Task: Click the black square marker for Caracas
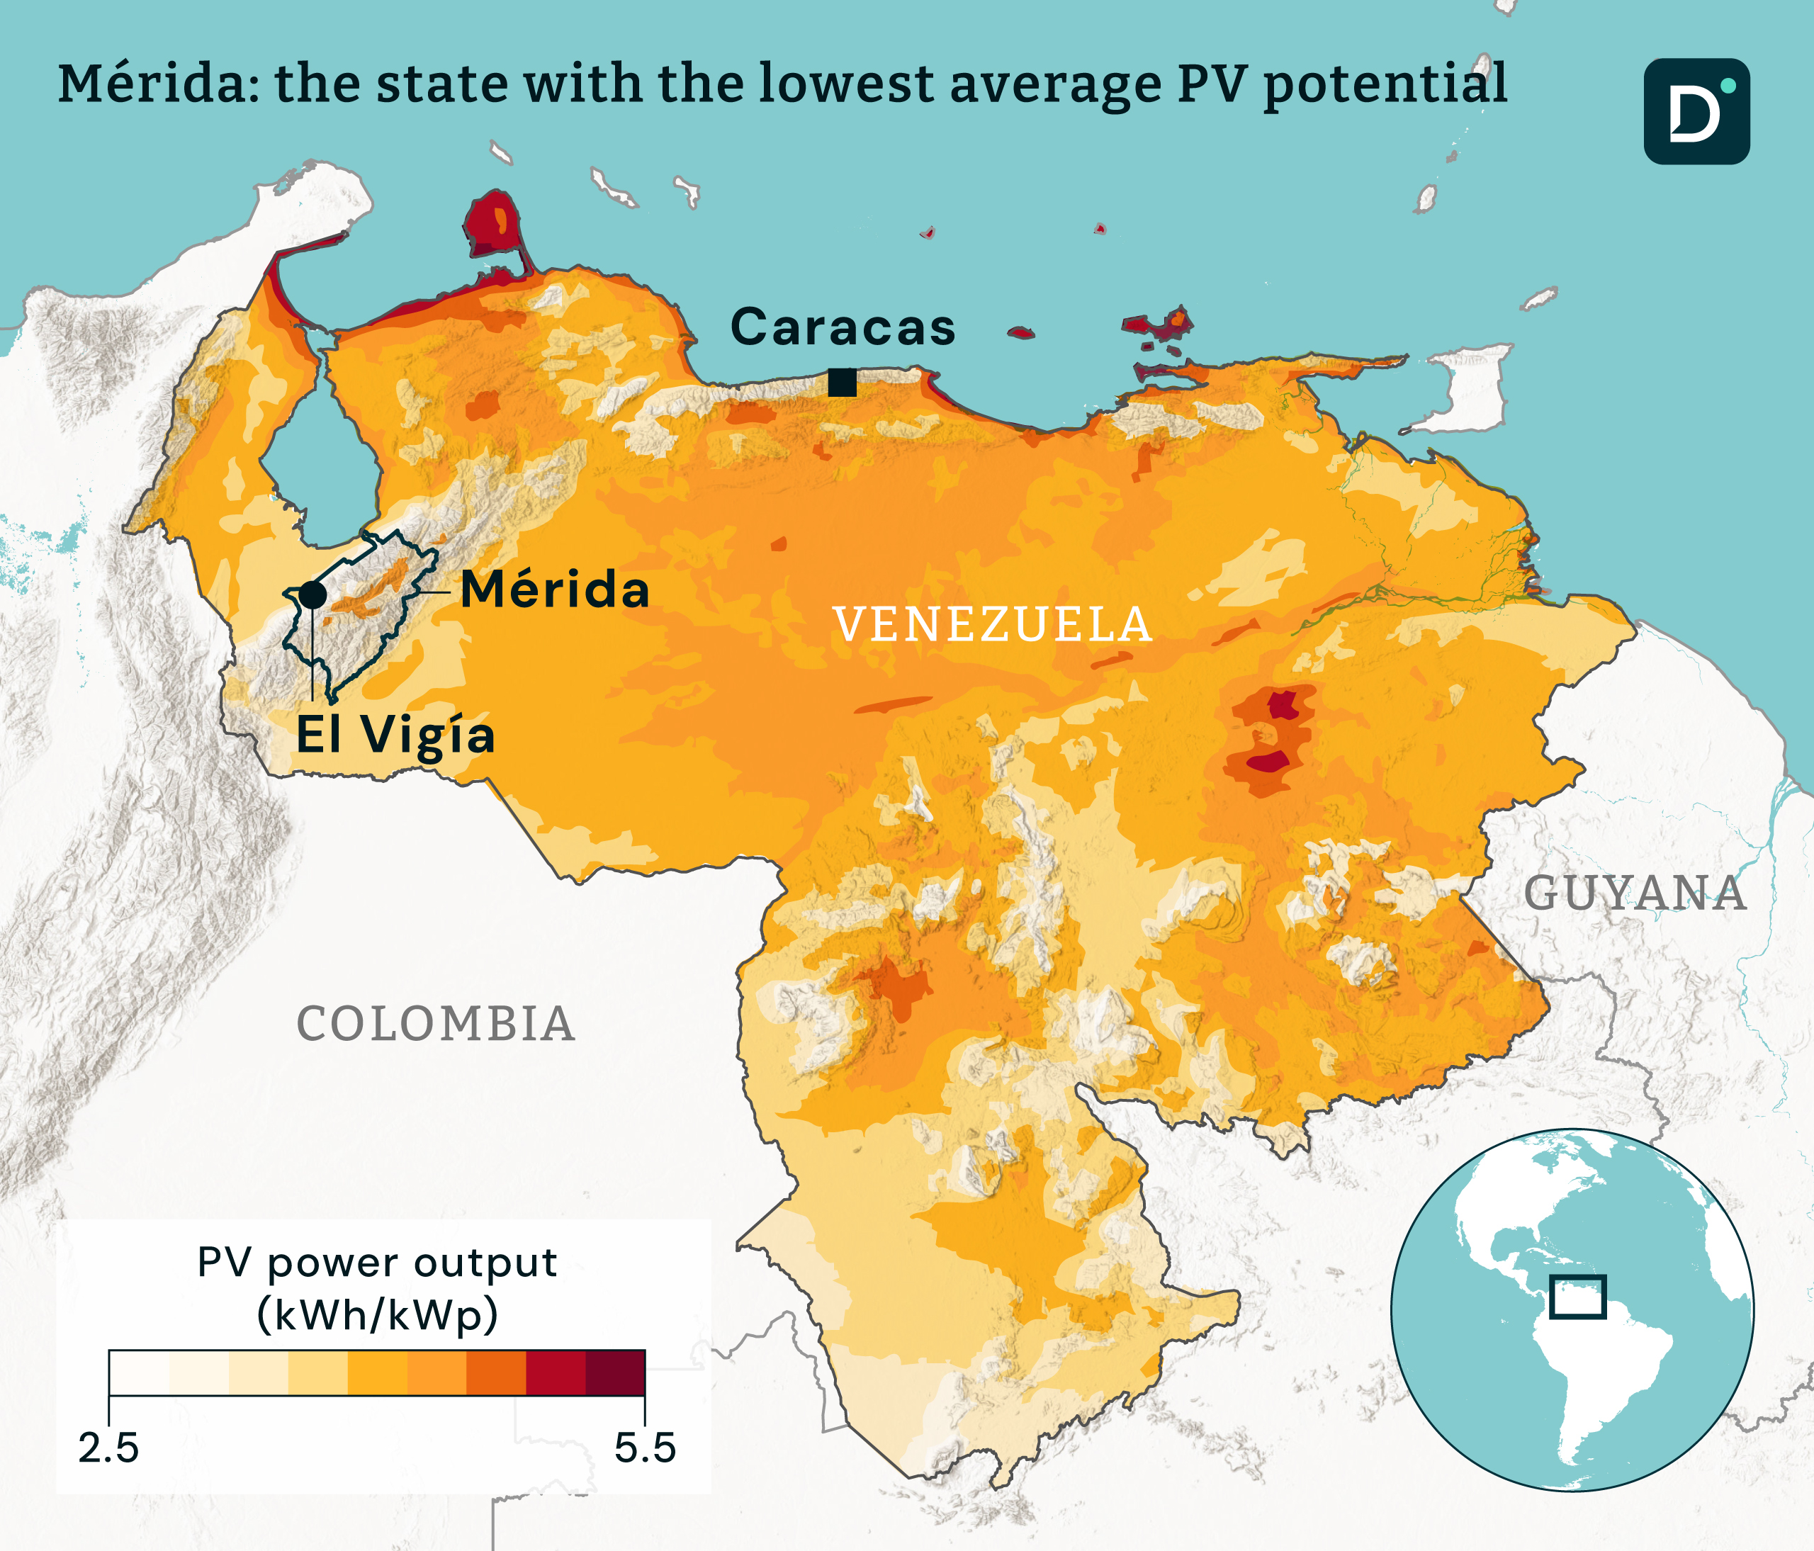click(841, 383)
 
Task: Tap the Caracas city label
click(843, 327)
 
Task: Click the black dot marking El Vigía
click(312, 594)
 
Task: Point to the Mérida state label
click(555, 589)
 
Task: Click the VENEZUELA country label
click(992, 624)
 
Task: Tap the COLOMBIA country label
click(435, 1023)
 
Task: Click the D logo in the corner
click(1696, 111)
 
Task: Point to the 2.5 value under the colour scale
click(108, 1448)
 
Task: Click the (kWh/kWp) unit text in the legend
click(378, 1314)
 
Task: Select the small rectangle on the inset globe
click(1577, 1297)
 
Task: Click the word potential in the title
click(1385, 84)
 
